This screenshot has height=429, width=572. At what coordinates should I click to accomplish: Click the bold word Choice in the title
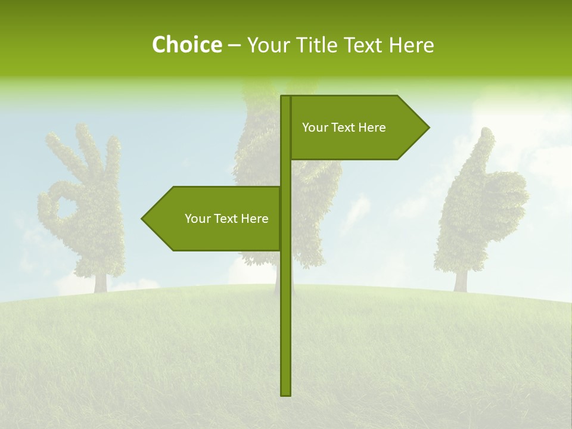pyautogui.click(x=186, y=45)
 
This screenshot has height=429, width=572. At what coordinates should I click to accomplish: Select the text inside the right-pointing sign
pyautogui.click(x=344, y=128)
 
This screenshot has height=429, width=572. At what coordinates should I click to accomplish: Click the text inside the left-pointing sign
pyautogui.click(x=226, y=219)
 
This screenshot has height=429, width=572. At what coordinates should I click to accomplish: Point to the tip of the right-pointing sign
pyautogui.click(x=428, y=127)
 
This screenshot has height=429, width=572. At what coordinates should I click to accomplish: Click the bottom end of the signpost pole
pyautogui.click(x=286, y=394)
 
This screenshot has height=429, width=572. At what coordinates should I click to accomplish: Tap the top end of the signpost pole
pyautogui.click(x=286, y=97)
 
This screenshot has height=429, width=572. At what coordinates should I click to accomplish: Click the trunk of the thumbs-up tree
pyautogui.click(x=460, y=279)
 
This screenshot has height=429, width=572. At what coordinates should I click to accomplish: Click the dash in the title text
pyautogui.click(x=234, y=45)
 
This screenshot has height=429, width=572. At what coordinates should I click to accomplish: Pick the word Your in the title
pyautogui.click(x=265, y=45)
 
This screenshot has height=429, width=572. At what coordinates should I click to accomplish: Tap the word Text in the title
pyautogui.click(x=365, y=45)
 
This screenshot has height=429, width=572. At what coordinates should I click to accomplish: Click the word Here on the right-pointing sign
pyautogui.click(x=371, y=128)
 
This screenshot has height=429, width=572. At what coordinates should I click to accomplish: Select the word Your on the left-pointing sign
pyautogui.click(x=197, y=219)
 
